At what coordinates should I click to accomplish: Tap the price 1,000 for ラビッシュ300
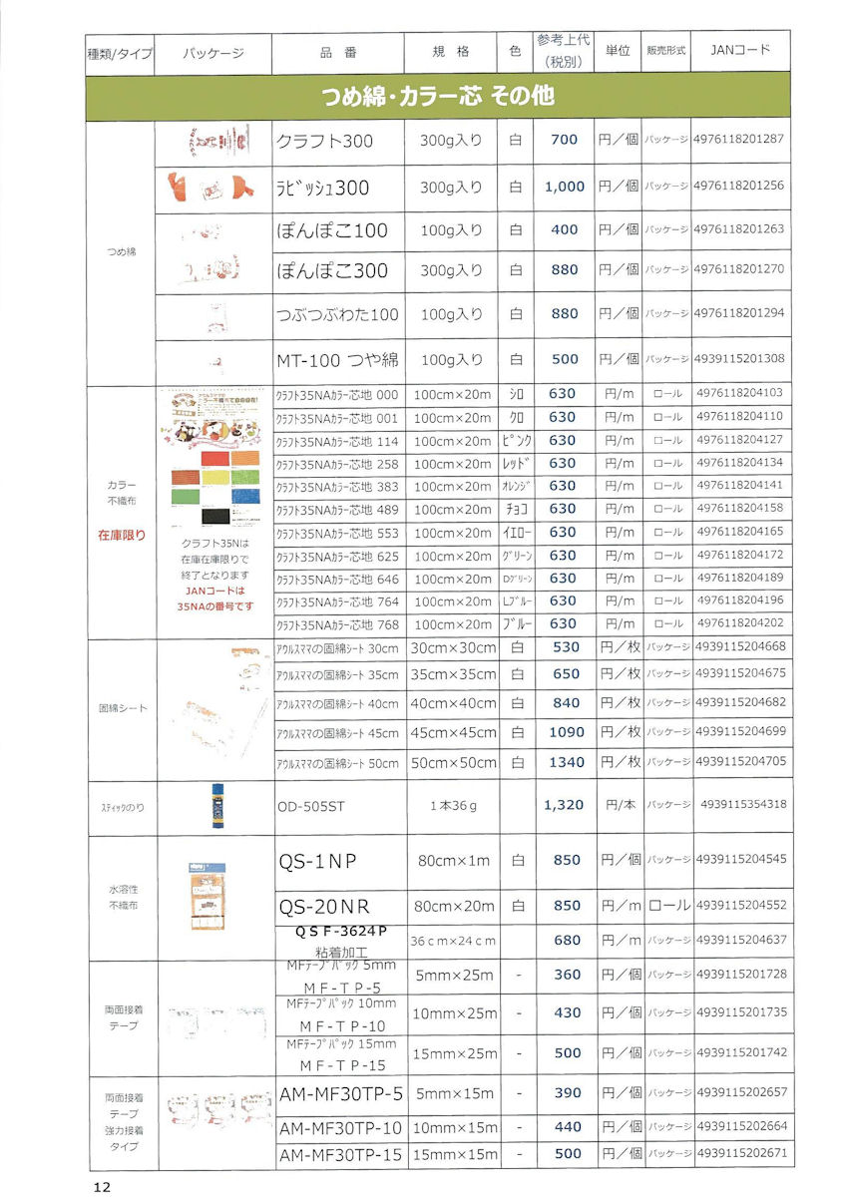click(565, 187)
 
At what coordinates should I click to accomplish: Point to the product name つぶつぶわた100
click(336, 314)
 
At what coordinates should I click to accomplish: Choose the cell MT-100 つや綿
click(336, 358)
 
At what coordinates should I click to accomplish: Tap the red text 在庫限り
click(121, 535)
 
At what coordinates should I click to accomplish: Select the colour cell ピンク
click(515, 440)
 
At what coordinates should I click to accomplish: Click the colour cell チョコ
click(515, 510)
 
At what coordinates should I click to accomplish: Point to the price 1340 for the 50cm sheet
click(565, 762)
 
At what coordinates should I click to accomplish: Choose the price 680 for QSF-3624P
click(565, 940)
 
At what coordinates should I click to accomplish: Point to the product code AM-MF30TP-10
click(338, 1128)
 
